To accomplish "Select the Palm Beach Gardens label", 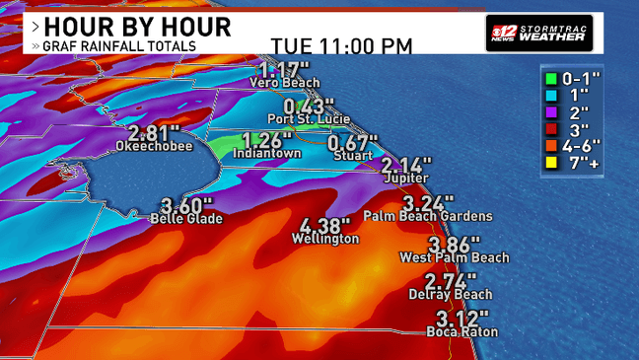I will (427, 215).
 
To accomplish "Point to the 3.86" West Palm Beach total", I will (454, 244).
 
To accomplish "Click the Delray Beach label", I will (451, 294).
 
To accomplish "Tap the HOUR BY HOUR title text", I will (137, 26).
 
